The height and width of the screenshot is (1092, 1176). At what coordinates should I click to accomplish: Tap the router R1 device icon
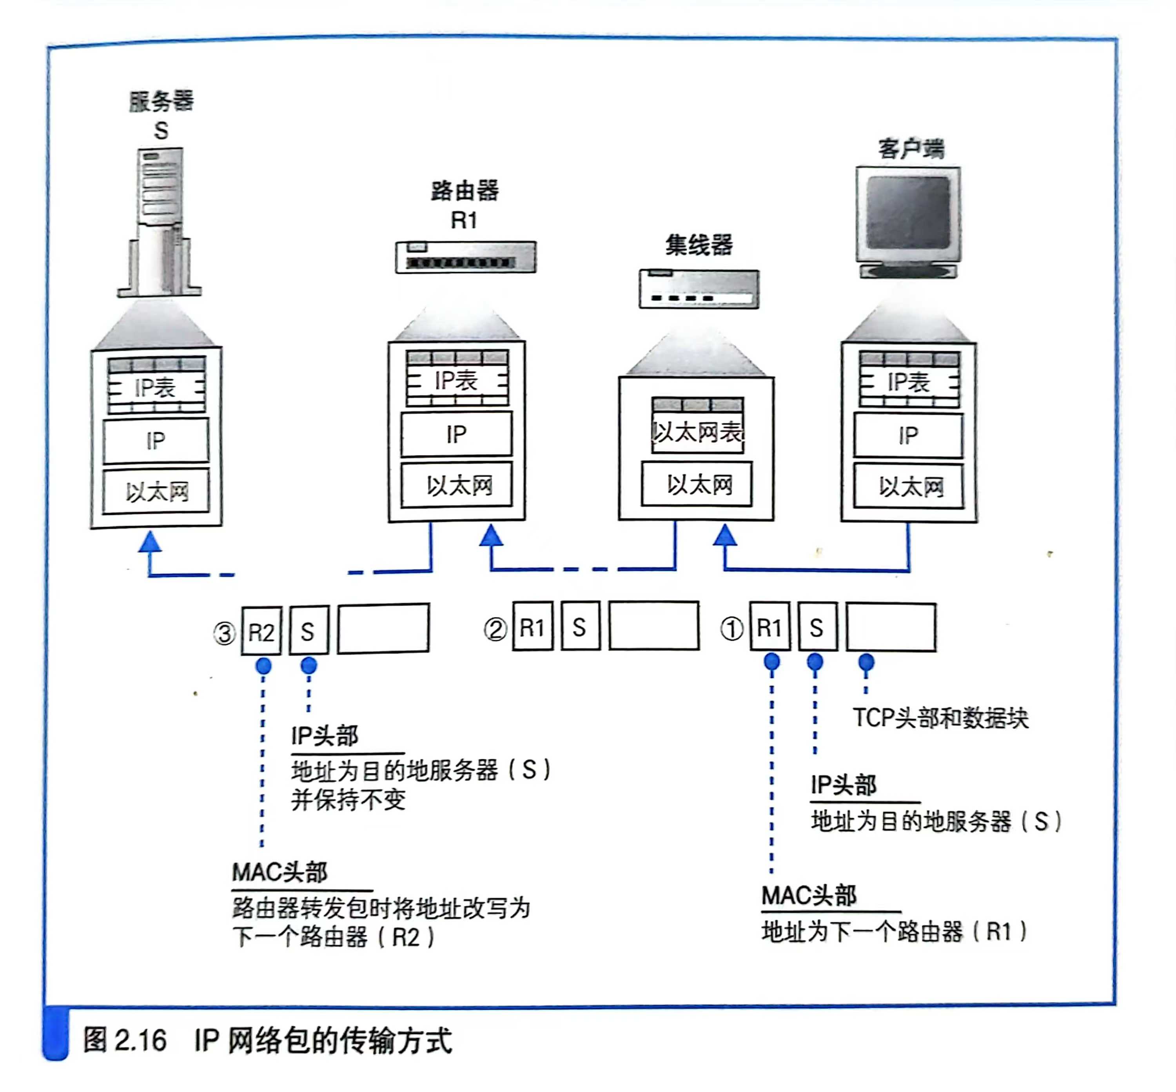coord(466,257)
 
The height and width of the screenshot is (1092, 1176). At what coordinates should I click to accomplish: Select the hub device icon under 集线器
coord(699,289)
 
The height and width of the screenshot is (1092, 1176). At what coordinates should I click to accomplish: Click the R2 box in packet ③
coord(261,632)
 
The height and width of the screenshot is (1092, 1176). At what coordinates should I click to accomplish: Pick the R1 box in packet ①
coord(769,627)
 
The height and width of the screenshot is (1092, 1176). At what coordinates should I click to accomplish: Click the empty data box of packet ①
coord(891,627)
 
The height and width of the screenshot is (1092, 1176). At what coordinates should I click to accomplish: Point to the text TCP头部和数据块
coord(940,718)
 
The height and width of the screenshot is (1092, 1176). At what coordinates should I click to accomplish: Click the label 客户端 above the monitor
coord(911,148)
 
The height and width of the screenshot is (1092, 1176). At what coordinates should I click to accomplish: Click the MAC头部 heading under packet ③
coord(279,872)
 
